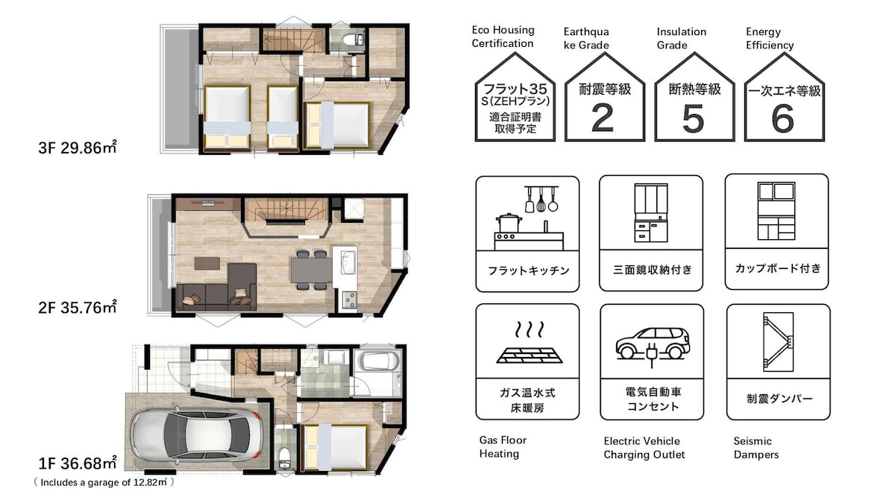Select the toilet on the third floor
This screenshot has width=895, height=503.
354,39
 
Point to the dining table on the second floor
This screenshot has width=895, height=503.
311,270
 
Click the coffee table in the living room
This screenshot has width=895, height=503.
207,264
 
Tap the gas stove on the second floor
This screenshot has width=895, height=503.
349,300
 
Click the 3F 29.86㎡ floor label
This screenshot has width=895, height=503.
78,148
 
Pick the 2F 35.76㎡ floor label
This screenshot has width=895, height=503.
78,307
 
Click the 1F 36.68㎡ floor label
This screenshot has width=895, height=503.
78,463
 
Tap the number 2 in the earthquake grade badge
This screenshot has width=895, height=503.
603,118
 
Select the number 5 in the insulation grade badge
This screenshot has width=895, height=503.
693,118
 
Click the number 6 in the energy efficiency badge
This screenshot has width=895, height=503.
782,118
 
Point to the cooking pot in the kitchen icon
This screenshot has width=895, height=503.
509,223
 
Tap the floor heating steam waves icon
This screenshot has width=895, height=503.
530,329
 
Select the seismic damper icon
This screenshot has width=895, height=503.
778,342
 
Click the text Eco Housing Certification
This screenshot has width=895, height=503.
503,37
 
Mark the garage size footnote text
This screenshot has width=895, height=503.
104,482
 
